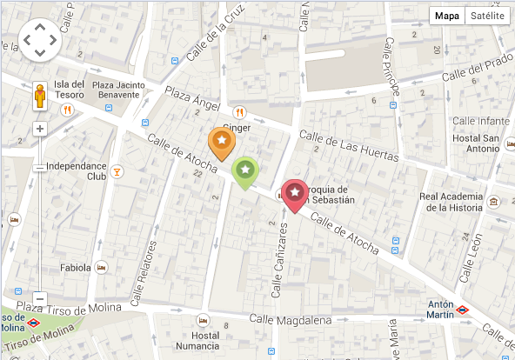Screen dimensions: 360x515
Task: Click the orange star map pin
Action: point(222,141)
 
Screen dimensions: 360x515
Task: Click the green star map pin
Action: point(247,170)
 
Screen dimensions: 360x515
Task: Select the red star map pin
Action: point(296,192)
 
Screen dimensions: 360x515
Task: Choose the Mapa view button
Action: point(447,17)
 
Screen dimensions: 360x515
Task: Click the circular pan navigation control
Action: point(40,38)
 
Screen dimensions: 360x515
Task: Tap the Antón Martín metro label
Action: point(441,310)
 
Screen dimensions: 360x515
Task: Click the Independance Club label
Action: point(76,170)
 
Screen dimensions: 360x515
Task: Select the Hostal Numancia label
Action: point(205,341)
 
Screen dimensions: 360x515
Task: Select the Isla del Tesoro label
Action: point(70,90)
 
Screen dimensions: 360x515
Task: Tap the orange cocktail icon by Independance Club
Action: point(117,170)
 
